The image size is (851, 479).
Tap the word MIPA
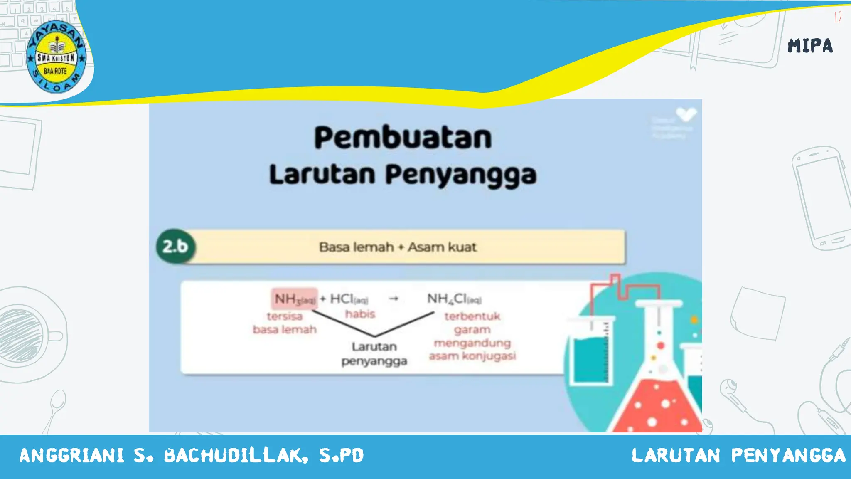click(810, 46)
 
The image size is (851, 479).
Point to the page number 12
click(837, 17)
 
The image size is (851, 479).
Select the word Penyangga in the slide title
click(460, 175)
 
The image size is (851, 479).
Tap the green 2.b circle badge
click(175, 247)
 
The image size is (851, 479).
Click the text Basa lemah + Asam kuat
click(398, 247)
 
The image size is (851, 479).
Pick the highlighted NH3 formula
click(294, 299)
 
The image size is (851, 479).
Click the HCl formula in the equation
click(348, 299)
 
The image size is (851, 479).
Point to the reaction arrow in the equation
click(394, 298)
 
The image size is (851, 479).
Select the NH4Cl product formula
click(454, 299)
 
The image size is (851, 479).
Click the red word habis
click(360, 314)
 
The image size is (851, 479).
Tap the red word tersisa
click(285, 316)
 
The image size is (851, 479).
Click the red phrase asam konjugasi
click(472, 356)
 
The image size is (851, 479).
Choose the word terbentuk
click(472, 316)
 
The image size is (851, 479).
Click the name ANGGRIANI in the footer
click(72, 455)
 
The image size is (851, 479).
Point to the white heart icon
click(686, 114)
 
